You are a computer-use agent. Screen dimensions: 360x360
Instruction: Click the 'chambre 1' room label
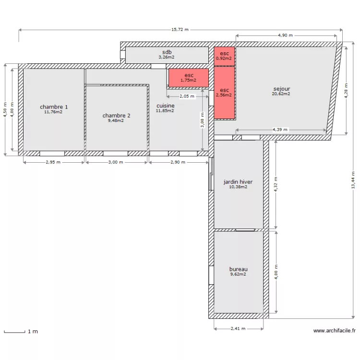coord(54,107)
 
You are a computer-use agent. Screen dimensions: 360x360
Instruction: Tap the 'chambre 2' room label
coord(116,115)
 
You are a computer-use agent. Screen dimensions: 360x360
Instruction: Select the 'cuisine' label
coord(165,106)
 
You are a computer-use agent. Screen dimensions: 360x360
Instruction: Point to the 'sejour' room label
coord(281,89)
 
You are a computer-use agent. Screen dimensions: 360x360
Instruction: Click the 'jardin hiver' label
coord(238,182)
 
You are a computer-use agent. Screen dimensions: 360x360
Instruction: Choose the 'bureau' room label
coord(238,269)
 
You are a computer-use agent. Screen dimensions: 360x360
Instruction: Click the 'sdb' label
coord(167,52)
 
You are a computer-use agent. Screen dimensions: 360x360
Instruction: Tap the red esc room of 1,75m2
coord(189,78)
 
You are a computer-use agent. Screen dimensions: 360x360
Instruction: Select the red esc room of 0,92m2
coord(224,56)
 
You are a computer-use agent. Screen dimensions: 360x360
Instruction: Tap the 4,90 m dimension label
coord(285,36)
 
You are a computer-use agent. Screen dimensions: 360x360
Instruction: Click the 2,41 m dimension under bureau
coord(238,329)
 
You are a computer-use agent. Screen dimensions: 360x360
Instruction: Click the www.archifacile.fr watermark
coord(334,331)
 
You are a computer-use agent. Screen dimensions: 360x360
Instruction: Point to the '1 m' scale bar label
coord(33,331)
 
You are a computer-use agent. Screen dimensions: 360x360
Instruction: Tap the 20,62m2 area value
coord(281,94)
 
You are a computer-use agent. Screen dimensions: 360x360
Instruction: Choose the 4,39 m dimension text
coord(280,130)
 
